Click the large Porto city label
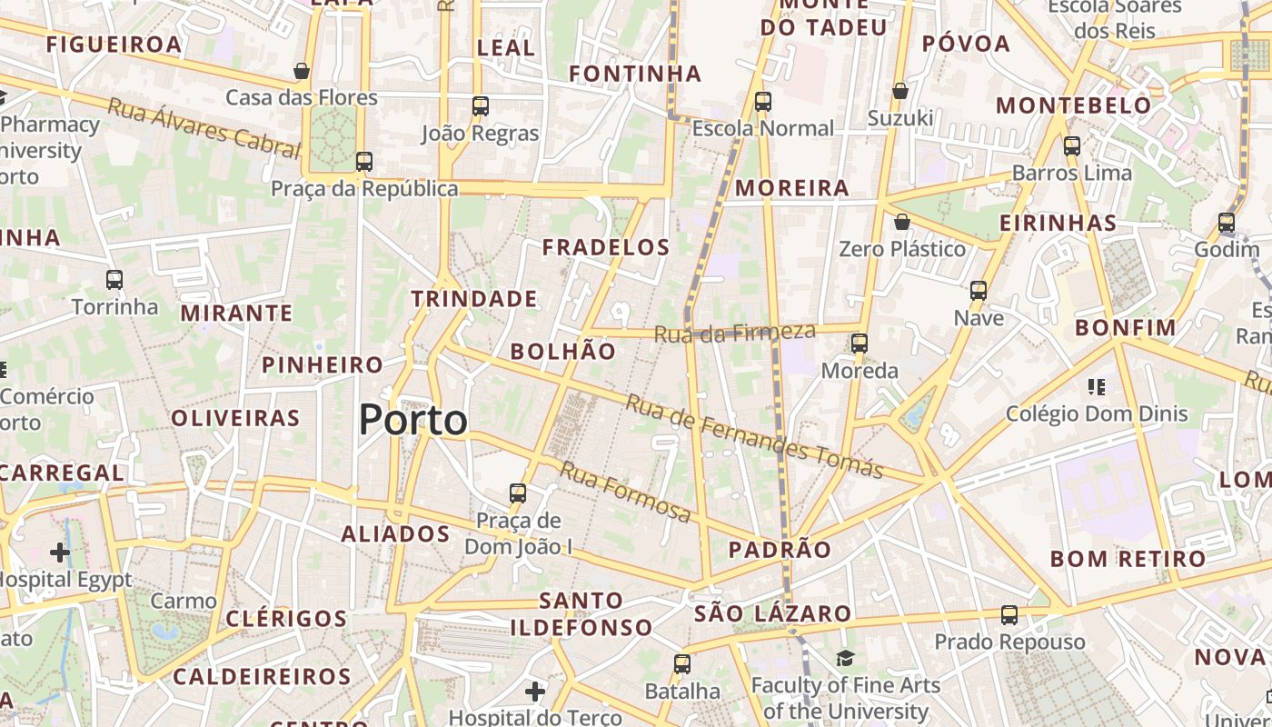pos(413,420)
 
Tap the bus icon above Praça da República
pos(364,162)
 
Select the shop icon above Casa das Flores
pos(302,71)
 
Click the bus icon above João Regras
pos(481,106)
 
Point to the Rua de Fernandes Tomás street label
pos(754,437)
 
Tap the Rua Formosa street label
pos(624,492)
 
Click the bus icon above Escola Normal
pos(763,102)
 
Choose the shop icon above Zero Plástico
pos(902,222)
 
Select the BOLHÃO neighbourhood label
pos(563,352)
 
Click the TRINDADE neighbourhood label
pos(474,299)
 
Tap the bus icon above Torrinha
pos(114,280)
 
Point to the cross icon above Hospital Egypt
pos(60,552)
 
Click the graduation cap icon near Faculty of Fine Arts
pos(846,658)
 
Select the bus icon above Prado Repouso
pos(1009,615)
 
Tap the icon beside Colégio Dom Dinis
pos(1097,388)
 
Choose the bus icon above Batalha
pos(682,664)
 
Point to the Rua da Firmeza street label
pos(735,334)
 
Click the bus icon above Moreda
pos(860,344)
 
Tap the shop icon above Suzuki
pos(900,91)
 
